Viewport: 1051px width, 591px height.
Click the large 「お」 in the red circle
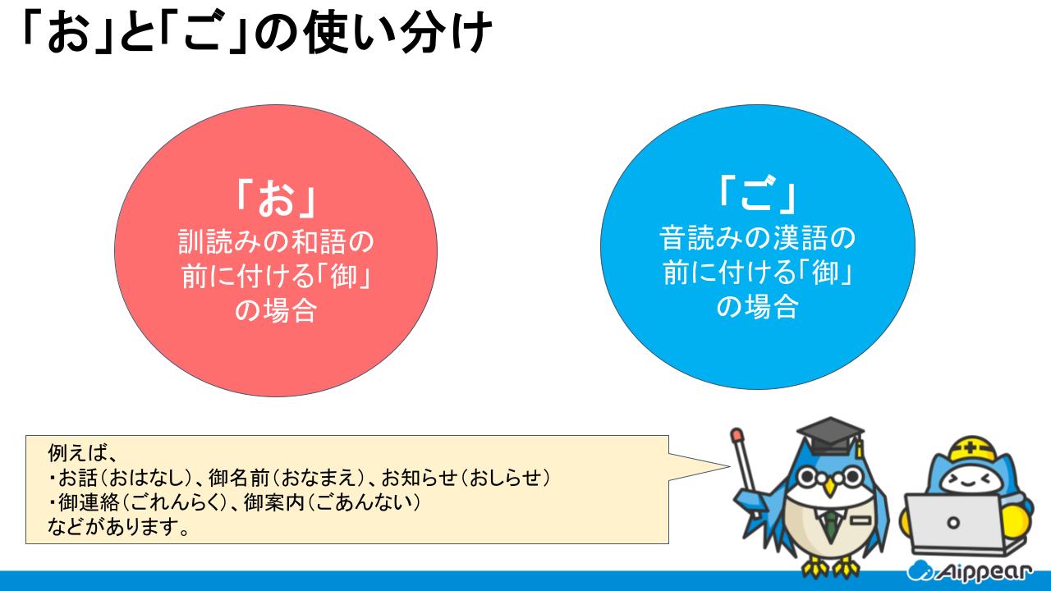point(276,199)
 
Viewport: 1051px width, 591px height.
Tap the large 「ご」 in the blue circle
point(757,193)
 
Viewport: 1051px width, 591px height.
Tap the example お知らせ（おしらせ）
point(466,478)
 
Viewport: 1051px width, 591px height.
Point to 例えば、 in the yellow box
point(81,453)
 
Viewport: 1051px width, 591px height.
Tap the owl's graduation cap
point(831,435)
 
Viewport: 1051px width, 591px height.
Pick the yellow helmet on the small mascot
point(971,451)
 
